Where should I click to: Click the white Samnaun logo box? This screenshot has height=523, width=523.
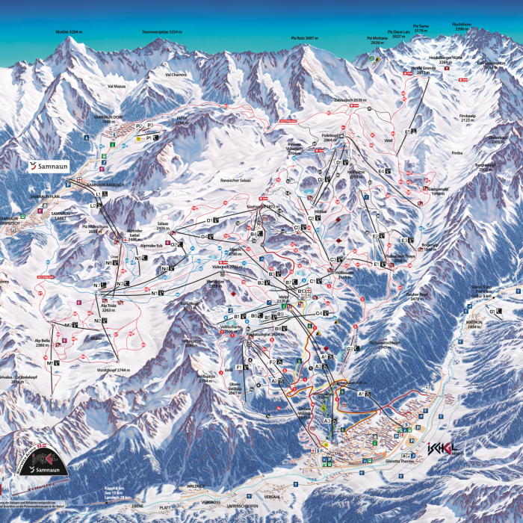(49, 166)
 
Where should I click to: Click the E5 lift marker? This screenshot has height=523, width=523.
(408, 132)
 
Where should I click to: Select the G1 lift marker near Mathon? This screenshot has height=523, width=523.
(493, 309)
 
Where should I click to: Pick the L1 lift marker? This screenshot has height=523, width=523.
(99, 194)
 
